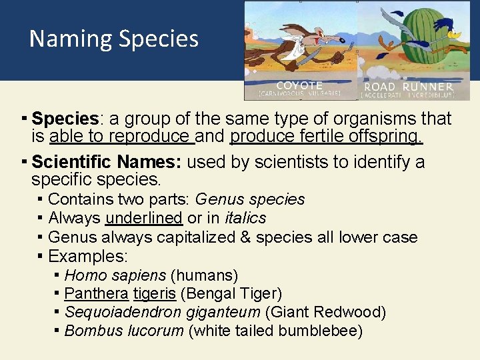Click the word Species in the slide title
[x=158, y=39]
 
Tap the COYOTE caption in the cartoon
[x=299, y=86]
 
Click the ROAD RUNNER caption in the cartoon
[x=408, y=87]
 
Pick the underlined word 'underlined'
[x=143, y=218]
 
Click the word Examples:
[x=88, y=256]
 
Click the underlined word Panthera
[x=96, y=293]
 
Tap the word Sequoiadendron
[x=123, y=312]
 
